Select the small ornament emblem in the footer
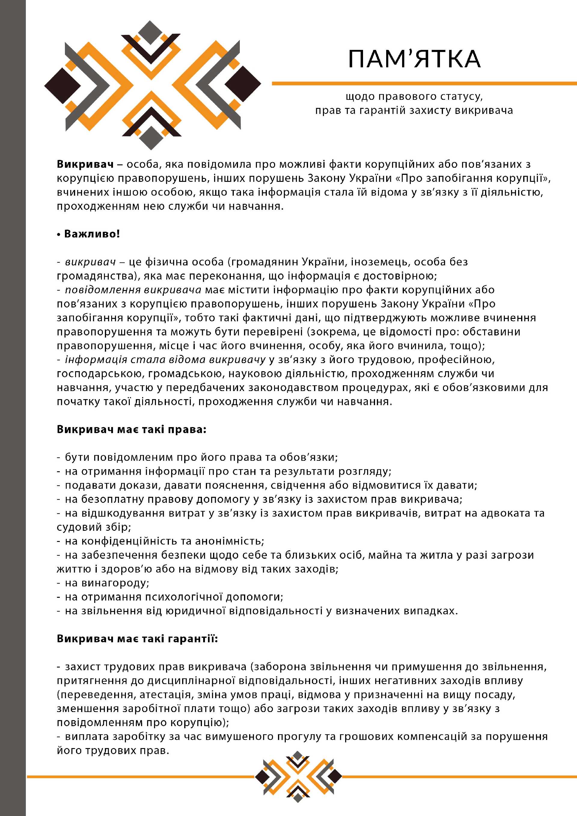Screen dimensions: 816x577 tap(298, 777)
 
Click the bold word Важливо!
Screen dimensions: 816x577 tap(92, 234)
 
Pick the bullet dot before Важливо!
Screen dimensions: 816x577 tap(59, 234)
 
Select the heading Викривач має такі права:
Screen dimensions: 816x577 tap(131, 429)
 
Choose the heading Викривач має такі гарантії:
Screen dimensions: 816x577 tap(137, 639)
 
